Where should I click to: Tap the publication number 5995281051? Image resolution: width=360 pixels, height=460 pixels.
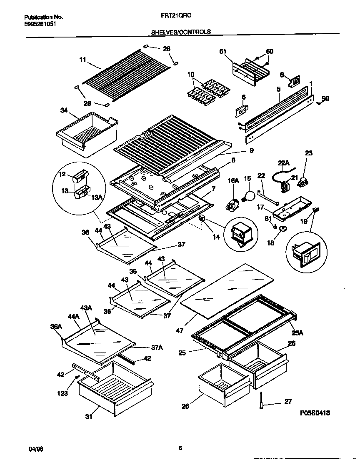click(x=40, y=24)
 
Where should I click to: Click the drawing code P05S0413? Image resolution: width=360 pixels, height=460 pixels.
click(x=315, y=413)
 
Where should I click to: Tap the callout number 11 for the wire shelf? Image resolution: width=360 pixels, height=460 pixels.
click(x=82, y=60)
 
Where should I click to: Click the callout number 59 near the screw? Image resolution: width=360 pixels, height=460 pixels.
click(x=325, y=99)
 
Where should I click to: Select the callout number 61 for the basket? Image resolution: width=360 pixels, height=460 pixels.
click(x=222, y=51)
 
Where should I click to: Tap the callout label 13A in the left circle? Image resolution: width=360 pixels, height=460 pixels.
click(x=97, y=197)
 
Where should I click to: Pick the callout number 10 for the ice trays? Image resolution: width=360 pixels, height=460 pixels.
click(x=191, y=75)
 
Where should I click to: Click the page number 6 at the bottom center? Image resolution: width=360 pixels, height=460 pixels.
click(x=180, y=448)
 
